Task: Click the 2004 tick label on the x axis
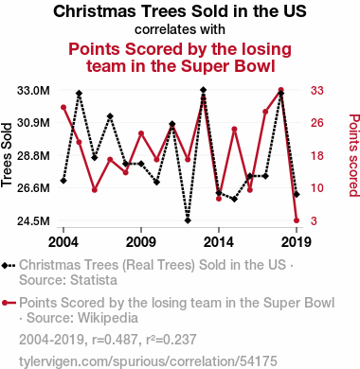pyautogui.click(x=63, y=242)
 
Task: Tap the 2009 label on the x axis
pyautogui.click(x=141, y=242)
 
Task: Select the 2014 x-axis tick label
pyautogui.click(x=219, y=242)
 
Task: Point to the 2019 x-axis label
pyautogui.click(x=297, y=242)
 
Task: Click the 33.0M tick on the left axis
pyautogui.click(x=33, y=91)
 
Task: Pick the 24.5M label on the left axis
pyautogui.click(x=33, y=220)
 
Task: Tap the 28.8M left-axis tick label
pyautogui.click(x=33, y=156)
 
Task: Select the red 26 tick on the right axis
pyautogui.click(x=317, y=123)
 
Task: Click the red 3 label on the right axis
pyautogui.click(x=314, y=220)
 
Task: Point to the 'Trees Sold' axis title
pyautogui.click(x=7, y=155)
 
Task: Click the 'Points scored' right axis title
pyautogui.click(x=354, y=155)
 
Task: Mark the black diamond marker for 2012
pyautogui.click(x=188, y=220)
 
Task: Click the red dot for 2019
pyautogui.click(x=297, y=220)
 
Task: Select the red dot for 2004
pyautogui.click(x=63, y=107)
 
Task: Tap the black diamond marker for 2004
pyautogui.click(x=63, y=181)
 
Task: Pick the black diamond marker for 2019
pyautogui.click(x=297, y=195)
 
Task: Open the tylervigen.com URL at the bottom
pyautogui.click(x=148, y=361)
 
